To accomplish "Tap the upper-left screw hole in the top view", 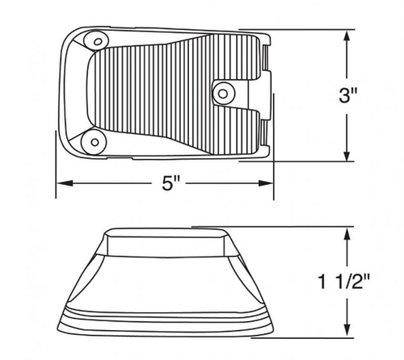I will pos(97,41).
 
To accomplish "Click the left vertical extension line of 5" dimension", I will pos(56,174).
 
